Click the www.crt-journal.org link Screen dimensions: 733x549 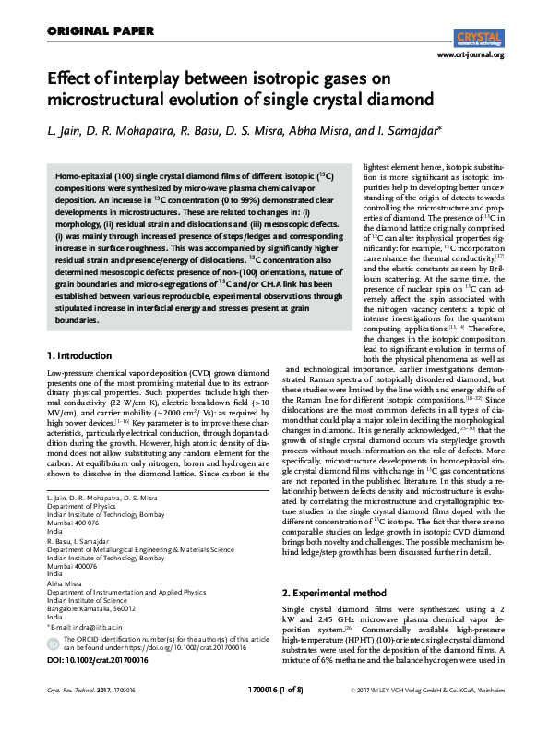click(x=471, y=55)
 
